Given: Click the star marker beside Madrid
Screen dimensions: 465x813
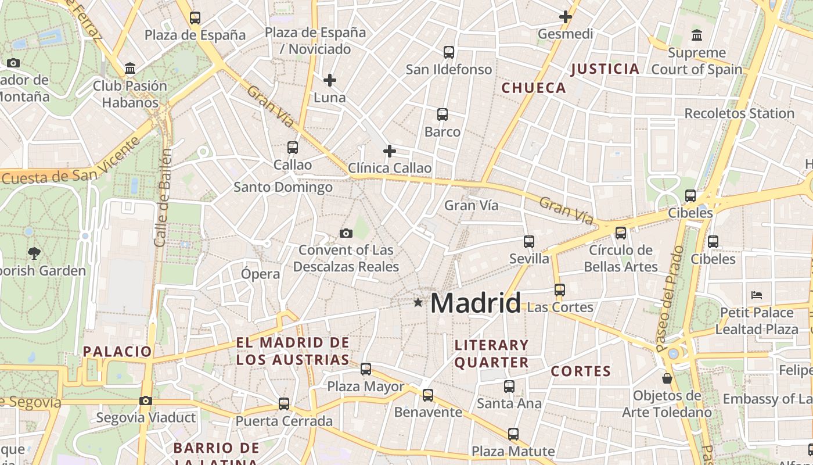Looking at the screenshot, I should (x=418, y=302).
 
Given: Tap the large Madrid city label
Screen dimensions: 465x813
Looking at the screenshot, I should (x=476, y=303).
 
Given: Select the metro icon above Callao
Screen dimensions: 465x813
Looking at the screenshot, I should (x=293, y=148).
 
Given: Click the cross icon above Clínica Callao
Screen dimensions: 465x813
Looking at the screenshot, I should (x=390, y=152).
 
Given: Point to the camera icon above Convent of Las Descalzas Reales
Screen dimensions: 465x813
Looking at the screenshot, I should (x=346, y=234).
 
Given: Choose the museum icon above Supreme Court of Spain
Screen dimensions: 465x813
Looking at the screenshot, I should (x=697, y=35).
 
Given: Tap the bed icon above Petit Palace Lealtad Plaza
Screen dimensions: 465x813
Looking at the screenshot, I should (x=756, y=295).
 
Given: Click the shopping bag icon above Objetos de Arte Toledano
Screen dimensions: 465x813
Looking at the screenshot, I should (x=667, y=378).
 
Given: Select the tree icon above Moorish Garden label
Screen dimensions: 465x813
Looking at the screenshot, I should (x=34, y=253).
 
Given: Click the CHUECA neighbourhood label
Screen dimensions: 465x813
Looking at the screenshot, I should (x=534, y=88).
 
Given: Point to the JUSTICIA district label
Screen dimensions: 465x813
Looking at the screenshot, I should (x=605, y=69).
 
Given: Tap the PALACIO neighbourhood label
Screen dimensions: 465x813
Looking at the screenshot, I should (x=117, y=351).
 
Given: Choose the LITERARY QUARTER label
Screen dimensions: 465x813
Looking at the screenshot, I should (x=491, y=353).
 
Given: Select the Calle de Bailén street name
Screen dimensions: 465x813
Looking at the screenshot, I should (x=163, y=198).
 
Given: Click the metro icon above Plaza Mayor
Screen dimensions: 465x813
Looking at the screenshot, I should (x=366, y=369).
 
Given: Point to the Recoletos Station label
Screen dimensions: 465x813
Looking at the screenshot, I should (x=739, y=113).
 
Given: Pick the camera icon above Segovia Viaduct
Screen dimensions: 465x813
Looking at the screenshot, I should (x=146, y=400).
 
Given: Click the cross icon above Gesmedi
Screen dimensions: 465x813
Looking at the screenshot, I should (x=565, y=17).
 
